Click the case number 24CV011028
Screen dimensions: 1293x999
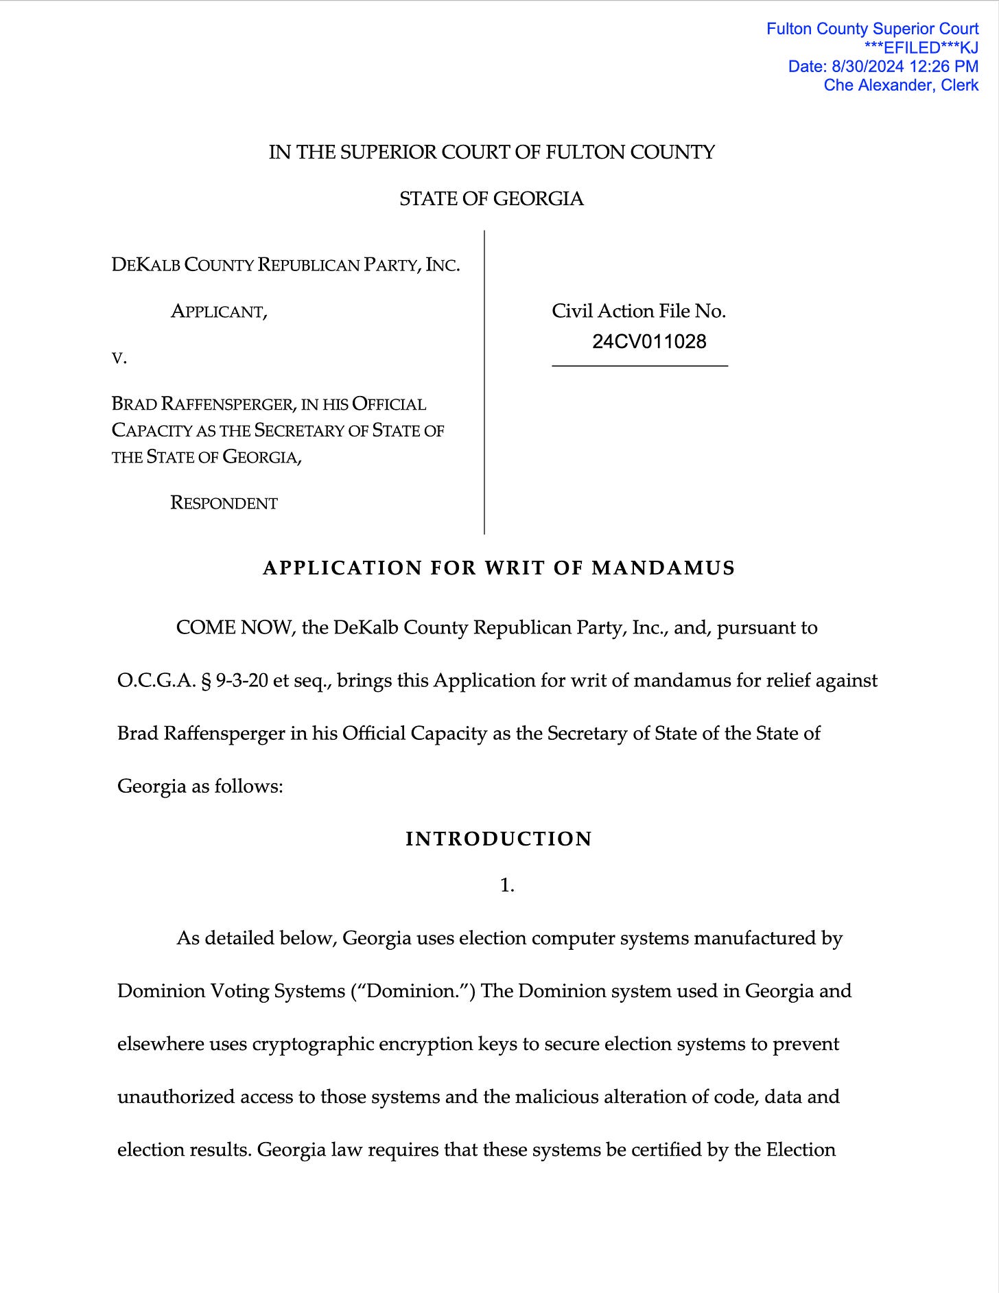(x=649, y=342)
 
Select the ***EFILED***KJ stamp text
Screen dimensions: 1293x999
(x=921, y=48)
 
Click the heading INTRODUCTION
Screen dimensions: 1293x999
(x=499, y=839)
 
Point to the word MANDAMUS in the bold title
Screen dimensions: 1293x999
(x=663, y=568)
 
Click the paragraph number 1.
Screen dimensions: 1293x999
(x=507, y=886)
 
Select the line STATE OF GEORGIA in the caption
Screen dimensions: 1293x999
(x=491, y=199)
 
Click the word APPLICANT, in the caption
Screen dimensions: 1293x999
(x=219, y=312)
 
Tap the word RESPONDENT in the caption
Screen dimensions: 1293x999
(x=224, y=503)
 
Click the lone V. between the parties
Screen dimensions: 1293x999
(x=119, y=358)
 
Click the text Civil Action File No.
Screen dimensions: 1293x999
(x=639, y=312)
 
